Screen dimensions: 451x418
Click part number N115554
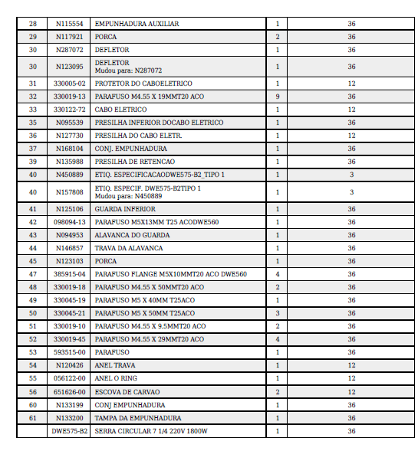69,24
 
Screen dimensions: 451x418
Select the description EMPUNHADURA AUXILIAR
137,24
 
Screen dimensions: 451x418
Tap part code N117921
69,37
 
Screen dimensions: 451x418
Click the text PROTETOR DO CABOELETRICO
143,83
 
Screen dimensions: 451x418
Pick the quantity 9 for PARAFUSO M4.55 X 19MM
277,96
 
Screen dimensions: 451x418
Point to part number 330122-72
69,109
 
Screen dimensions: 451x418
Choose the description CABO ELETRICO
121,109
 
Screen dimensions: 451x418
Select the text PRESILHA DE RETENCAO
136,162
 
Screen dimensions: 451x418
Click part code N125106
69,209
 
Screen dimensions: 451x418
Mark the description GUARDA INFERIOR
125,209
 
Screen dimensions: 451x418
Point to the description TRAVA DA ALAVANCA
129,248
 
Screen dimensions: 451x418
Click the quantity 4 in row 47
277,274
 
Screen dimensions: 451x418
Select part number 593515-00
69,352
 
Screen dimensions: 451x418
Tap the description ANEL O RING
117,378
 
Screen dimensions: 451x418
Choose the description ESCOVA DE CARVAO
127,391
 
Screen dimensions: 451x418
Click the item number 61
32,418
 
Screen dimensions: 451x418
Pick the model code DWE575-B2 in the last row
69,431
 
